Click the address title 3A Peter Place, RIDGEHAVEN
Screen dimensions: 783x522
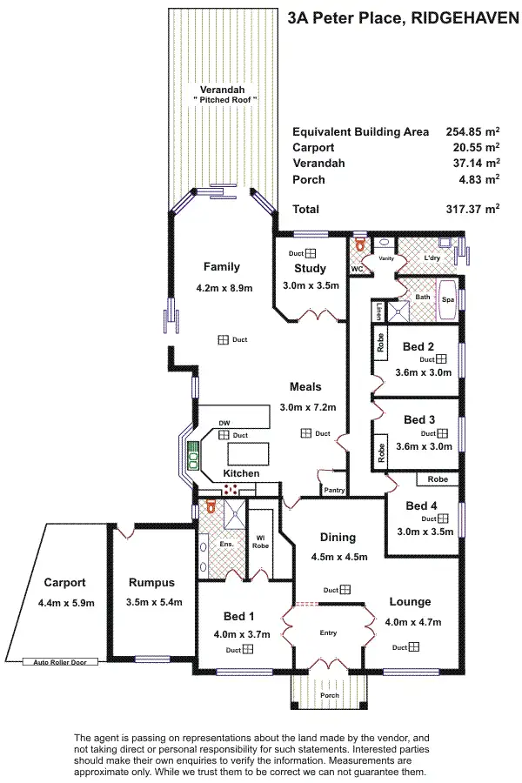pos(402,17)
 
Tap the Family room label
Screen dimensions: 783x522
pos(221,267)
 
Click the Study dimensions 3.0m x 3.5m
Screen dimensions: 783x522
pos(311,285)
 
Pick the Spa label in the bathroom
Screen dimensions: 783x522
pos(448,299)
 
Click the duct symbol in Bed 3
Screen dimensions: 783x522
pos(441,432)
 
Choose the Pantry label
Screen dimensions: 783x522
pos(334,491)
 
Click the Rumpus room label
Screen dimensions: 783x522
pos(152,583)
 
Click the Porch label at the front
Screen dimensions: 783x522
pos(330,695)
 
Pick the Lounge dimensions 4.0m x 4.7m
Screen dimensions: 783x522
pos(412,622)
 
